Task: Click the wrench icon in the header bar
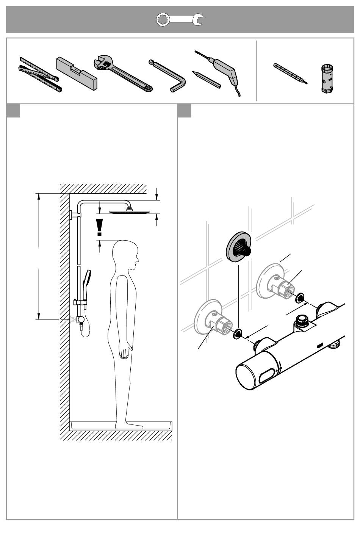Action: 180,20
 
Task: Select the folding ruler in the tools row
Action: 39,74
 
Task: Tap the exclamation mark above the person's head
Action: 99,227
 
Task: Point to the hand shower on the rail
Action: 87,279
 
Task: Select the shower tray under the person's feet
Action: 121,426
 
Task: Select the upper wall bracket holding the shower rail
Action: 75,215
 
